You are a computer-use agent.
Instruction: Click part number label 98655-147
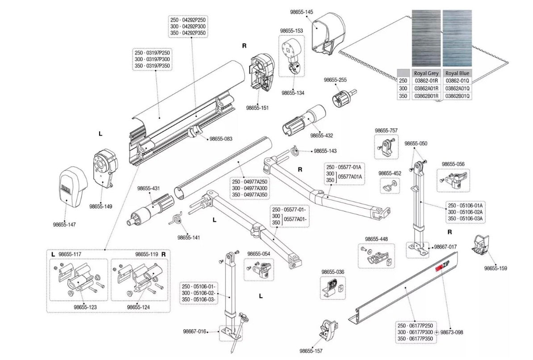coord(65,224)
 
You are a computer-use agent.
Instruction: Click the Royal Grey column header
coord(426,73)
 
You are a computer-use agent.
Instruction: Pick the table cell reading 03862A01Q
coord(457,88)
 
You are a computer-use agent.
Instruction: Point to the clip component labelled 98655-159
coord(481,245)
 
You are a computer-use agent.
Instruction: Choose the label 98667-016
coord(195,331)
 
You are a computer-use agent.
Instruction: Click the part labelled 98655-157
coord(329,331)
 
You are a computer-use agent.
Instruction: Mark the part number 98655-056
coord(453,164)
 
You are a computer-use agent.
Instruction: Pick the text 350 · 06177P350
coord(415,339)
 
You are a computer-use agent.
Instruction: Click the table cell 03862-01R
coord(426,80)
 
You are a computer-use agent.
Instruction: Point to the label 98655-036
coord(333,272)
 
